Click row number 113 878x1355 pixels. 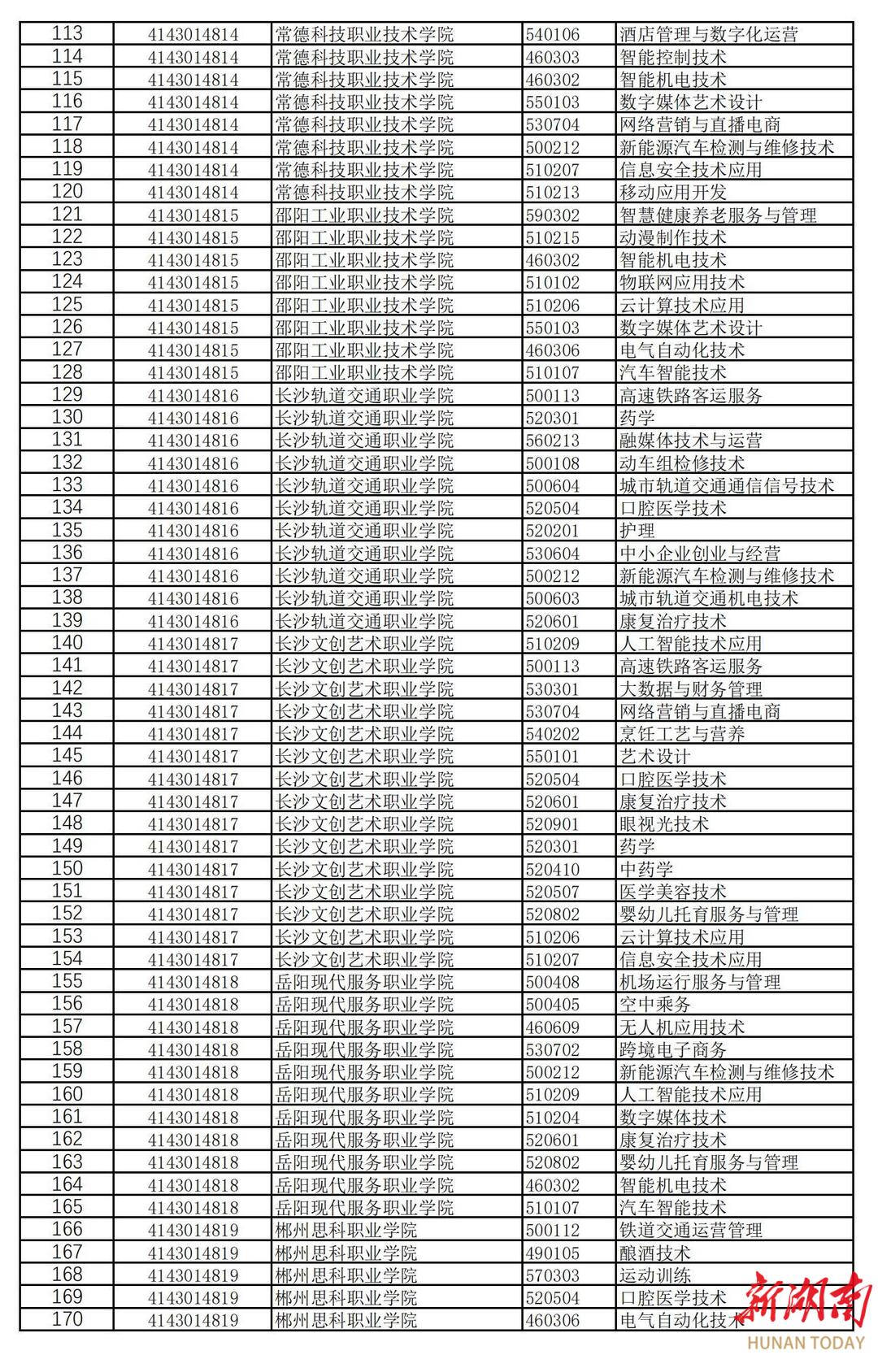tap(67, 34)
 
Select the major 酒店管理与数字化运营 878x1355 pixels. tap(708, 34)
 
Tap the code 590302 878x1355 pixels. tap(553, 215)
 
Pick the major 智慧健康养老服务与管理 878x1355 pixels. tap(718, 215)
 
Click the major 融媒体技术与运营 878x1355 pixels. tap(690, 441)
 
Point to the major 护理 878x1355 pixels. tap(637, 531)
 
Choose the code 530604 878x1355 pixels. tap(553, 554)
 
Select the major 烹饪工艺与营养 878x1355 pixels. tap(681, 734)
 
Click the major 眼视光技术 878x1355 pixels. tap(663, 824)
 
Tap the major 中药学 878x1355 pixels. tap(645, 869)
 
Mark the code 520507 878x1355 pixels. tap(553, 892)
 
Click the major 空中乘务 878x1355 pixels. tap(654, 1005)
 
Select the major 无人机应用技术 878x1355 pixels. tap(681, 1027)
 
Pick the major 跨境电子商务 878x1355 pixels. tap(672, 1049)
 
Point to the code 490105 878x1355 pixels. tap(553, 1253)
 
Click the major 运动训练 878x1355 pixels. tap(654, 1275)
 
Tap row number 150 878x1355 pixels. tap(67, 869)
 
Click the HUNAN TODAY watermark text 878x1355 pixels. tap(805, 1343)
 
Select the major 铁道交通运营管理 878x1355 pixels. tap(690, 1230)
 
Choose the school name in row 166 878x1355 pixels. tap(346, 1230)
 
